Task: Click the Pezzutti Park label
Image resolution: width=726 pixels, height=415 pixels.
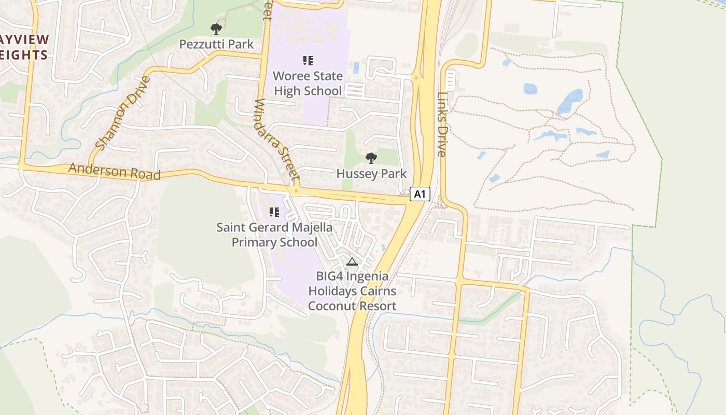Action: (x=216, y=44)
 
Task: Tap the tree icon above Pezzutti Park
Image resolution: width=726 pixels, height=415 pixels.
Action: (x=216, y=29)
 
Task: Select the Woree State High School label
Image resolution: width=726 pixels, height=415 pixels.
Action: (x=308, y=84)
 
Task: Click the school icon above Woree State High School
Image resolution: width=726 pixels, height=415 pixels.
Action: (x=308, y=61)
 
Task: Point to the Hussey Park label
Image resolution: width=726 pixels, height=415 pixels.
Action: (x=371, y=173)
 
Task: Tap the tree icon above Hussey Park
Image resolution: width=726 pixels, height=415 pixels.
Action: (x=371, y=158)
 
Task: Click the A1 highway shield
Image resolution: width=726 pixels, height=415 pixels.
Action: (x=420, y=194)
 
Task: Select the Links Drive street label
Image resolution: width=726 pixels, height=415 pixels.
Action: (x=442, y=125)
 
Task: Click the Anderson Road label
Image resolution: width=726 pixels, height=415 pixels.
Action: (x=114, y=171)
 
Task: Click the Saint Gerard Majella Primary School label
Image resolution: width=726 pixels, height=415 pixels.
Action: (x=274, y=234)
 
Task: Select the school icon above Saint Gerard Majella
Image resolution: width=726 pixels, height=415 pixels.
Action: (x=274, y=212)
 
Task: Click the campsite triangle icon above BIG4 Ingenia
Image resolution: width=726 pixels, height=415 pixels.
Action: (x=352, y=261)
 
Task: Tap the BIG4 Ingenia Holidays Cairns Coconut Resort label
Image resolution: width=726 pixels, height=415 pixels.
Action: (x=352, y=290)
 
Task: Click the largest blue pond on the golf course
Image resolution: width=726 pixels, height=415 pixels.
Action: (x=570, y=101)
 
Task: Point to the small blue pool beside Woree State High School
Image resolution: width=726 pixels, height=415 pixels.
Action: (x=355, y=67)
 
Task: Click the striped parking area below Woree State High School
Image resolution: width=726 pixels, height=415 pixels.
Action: (x=355, y=91)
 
